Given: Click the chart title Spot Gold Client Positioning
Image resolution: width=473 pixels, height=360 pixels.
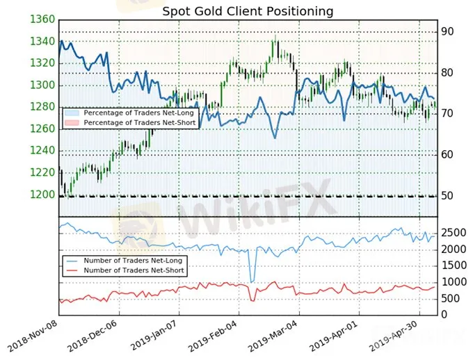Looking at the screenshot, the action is point(248,11).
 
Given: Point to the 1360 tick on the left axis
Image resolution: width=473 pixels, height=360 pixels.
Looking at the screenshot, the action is point(42,19).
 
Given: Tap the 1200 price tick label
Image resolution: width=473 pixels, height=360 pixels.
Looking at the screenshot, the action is point(42,195).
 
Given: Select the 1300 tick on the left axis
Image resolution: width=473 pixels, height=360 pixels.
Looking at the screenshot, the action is point(42,85).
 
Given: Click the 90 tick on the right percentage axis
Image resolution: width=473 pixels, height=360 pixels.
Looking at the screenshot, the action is point(447,32).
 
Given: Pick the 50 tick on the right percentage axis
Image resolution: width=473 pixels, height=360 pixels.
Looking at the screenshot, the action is point(447,196).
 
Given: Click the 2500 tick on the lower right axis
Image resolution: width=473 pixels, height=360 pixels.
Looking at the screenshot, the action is point(454,233).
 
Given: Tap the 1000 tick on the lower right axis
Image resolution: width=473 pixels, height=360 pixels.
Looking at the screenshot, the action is point(454,282).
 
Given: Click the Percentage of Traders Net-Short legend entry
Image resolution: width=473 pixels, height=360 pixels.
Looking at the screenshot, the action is point(130,123).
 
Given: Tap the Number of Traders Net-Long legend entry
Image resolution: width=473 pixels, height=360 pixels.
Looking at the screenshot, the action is point(124,261).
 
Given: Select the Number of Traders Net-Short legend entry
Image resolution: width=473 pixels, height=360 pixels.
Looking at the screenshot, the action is point(125,270).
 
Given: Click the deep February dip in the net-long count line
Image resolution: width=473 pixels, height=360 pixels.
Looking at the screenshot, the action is point(252,282).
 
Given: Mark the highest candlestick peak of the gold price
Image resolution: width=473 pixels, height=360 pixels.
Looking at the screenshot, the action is point(275,35).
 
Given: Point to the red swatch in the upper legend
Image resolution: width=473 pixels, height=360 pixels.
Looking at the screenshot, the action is point(72,123).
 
